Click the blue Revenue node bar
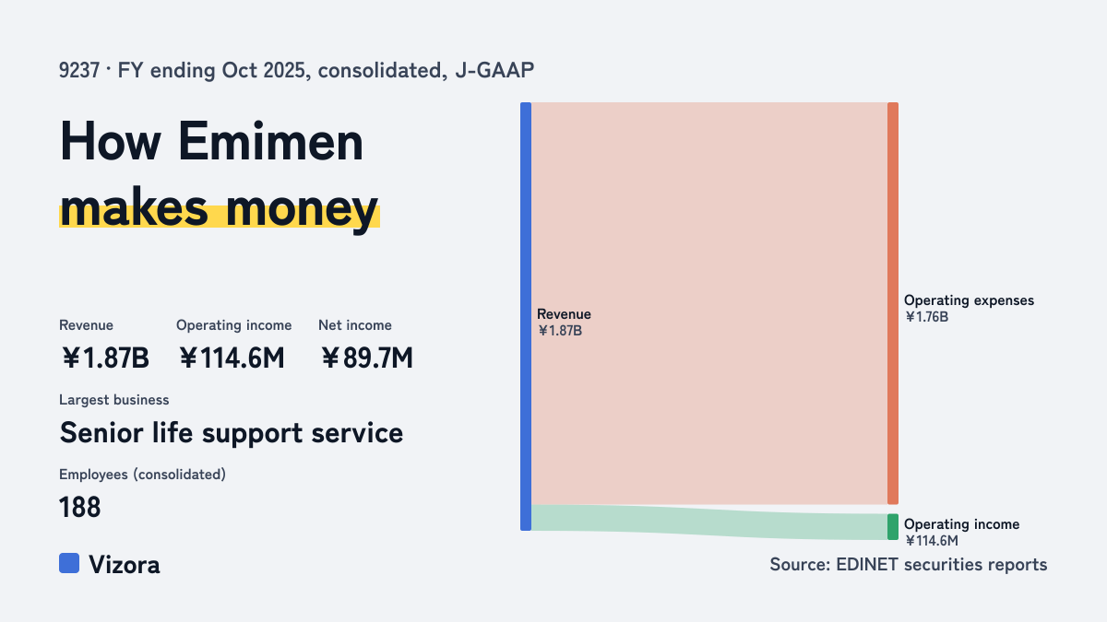point(526,316)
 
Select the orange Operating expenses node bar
point(893,303)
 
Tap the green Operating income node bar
point(893,527)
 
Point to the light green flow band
point(709,522)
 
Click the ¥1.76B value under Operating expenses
point(926,317)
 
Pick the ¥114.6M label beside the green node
point(931,541)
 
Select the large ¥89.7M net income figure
point(366,358)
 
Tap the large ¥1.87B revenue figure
point(104,358)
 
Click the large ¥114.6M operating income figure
point(232,358)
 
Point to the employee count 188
point(79,507)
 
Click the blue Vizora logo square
point(69,563)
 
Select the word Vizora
point(124,565)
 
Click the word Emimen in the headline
point(270,142)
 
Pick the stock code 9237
point(79,70)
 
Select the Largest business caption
point(113,400)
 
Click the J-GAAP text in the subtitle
point(494,70)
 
